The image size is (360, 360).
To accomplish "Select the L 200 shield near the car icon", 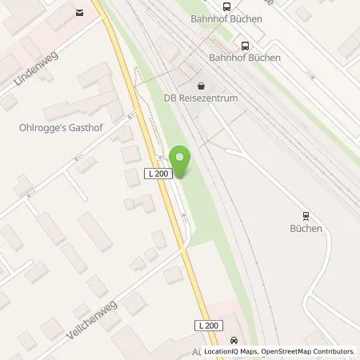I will click(x=207, y=324).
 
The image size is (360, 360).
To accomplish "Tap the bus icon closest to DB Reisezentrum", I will click(x=246, y=46).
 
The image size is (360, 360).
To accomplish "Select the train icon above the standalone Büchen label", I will click(x=306, y=214).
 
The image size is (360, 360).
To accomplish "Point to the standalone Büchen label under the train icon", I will click(x=306, y=229).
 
